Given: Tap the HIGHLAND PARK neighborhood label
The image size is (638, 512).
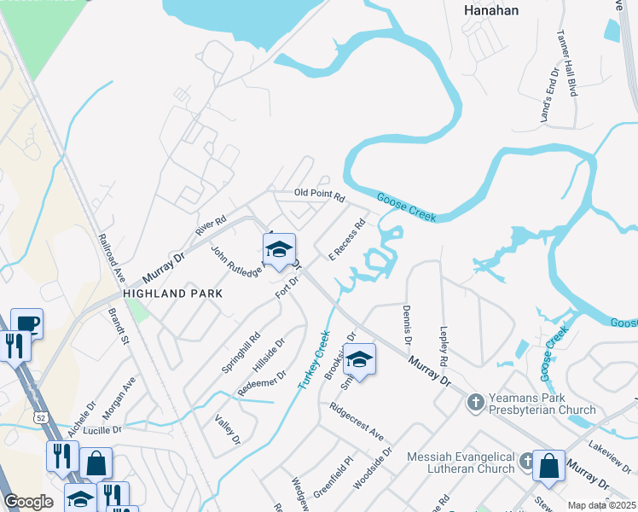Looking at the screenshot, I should (x=173, y=293).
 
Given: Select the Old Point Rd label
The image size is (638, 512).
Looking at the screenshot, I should (x=319, y=196).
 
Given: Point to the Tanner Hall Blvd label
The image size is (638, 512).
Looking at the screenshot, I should (x=567, y=66).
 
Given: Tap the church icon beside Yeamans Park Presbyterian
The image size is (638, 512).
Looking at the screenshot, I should (x=476, y=399).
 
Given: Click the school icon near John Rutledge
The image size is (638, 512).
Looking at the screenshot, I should (x=279, y=249).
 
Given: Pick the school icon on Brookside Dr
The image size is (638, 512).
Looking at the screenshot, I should (x=360, y=359).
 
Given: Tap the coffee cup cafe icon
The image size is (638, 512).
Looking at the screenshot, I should (x=26, y=323).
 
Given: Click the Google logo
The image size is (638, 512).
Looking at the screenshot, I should (x=28, y=502).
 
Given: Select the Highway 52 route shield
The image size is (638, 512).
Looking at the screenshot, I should (x=40, y=416).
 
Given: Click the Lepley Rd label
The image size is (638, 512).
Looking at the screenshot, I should (x=444, y=346).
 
